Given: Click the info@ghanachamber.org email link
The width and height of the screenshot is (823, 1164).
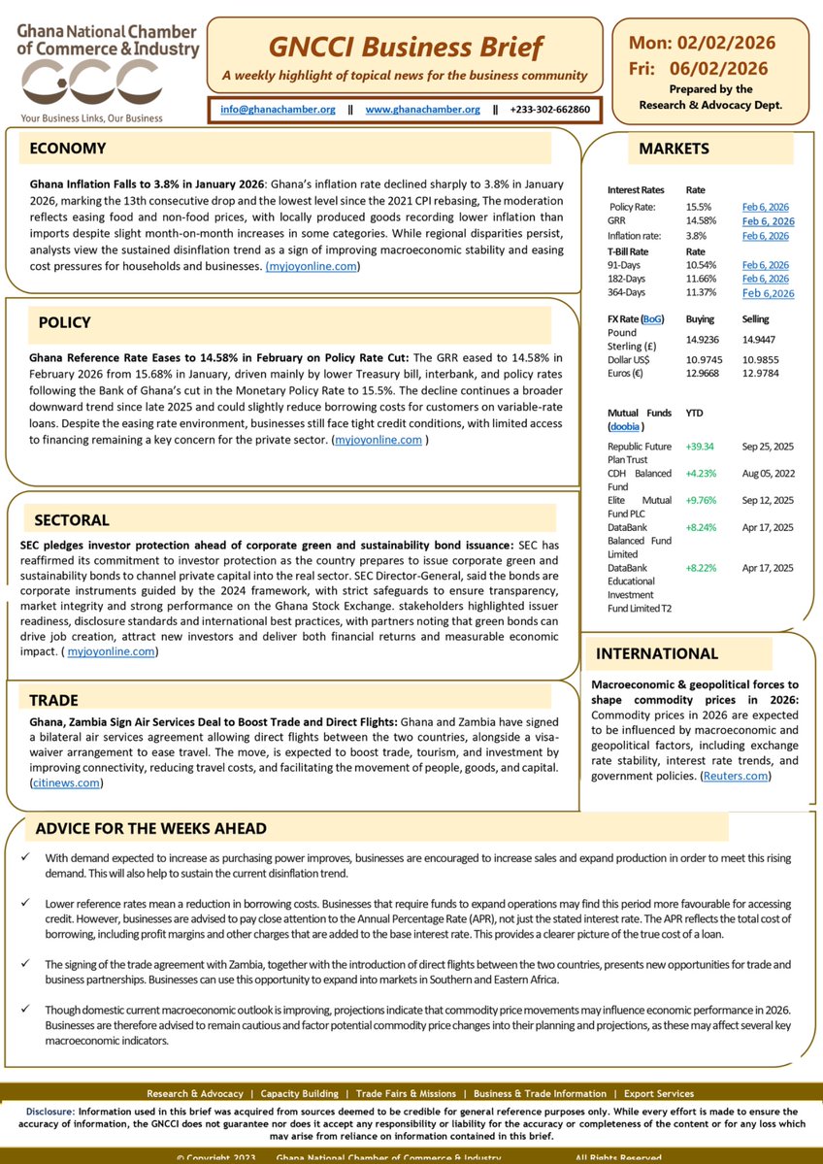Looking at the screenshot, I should [x=278, y=110].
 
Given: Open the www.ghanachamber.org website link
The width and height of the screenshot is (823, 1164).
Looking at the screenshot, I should [x=422, y=110].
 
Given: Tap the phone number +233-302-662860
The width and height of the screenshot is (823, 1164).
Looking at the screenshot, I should [x=548, y=110].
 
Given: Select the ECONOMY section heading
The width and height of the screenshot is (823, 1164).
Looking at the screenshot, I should [x=68, y=149].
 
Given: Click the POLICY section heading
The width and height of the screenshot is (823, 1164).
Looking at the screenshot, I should [x=65, y=322].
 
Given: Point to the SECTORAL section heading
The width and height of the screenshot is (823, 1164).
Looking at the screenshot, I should [x=72, y=519].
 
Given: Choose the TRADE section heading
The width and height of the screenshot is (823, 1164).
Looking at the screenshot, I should [x=53, y=700].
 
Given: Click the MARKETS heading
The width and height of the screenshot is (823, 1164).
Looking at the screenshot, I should [x=674, y=149].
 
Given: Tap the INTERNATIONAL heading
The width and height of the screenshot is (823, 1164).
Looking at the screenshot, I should [x=657, y=653].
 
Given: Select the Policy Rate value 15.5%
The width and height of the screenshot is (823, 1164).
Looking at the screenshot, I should [x=699, y=207].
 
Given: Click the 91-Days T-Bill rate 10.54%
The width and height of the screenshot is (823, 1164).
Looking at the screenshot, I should [x=703, y=265].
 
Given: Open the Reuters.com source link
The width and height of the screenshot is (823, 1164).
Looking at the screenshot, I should [x=736, y=776].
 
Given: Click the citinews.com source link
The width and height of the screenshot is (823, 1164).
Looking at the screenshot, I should [x=66, y=782].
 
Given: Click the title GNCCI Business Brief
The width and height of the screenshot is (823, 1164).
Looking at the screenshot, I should [x=405, y=47].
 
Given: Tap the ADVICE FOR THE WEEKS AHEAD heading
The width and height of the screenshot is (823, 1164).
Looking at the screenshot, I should [x=150, y=829].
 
